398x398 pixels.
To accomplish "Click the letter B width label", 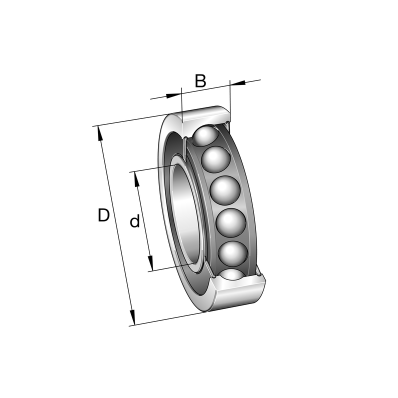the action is (200, 81).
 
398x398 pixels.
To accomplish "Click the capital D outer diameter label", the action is (103, 215).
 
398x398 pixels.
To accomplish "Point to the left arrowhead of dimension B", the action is (173, 95).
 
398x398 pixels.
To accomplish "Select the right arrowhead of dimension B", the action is (237, 82).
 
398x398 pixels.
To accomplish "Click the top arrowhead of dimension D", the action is (100, 133).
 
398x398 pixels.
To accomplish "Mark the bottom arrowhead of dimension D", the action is (132, 317).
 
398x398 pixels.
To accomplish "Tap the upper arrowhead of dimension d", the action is (136, 179).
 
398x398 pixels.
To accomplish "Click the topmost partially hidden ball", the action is (205, 136).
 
